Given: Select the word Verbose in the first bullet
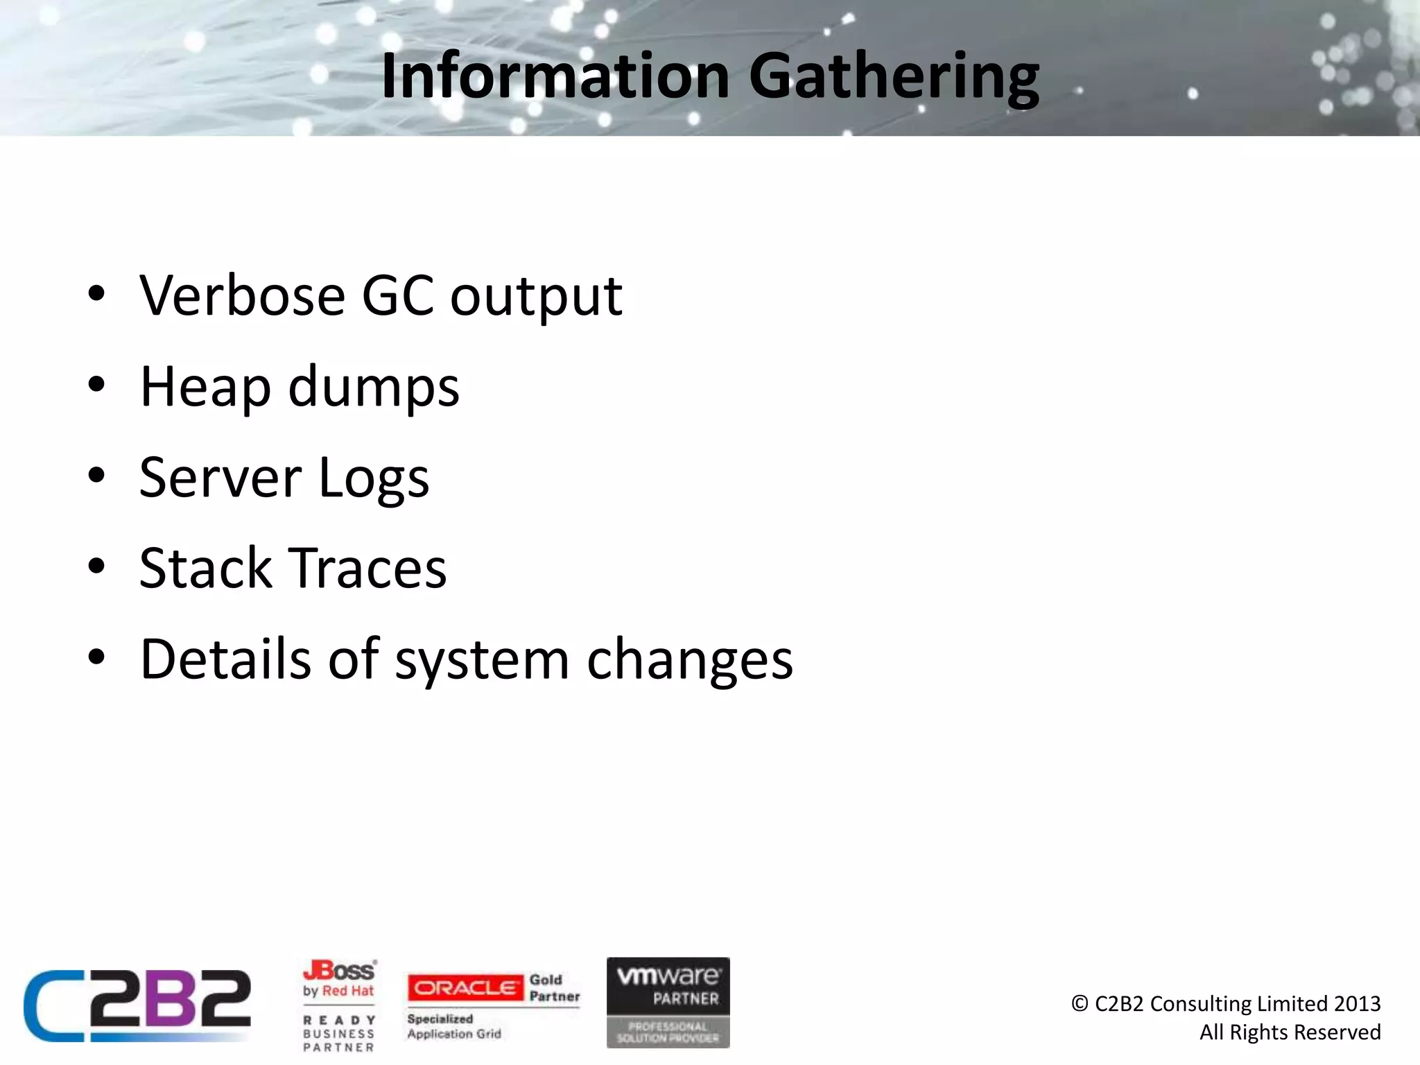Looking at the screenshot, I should (242, 296).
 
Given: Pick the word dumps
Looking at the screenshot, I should (373, 388).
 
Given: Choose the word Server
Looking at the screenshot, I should (220, 478).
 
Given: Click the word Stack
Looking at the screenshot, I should (205, 569).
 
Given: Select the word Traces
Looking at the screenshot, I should (367, 569).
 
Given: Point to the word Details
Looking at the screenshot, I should (225, 659).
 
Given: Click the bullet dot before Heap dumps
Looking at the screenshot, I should (96, 384).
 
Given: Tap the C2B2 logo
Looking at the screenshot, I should (137, 1005).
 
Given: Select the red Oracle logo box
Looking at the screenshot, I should (465, 988).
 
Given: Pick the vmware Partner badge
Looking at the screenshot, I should (668, 1002).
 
